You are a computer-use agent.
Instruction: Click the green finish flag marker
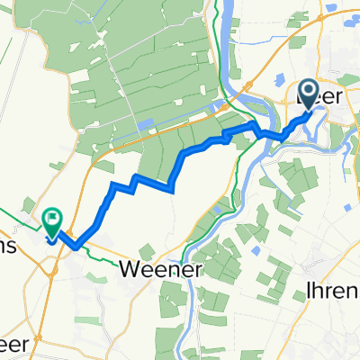coord(51,220)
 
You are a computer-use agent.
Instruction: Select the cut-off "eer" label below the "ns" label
coord(17,347)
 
